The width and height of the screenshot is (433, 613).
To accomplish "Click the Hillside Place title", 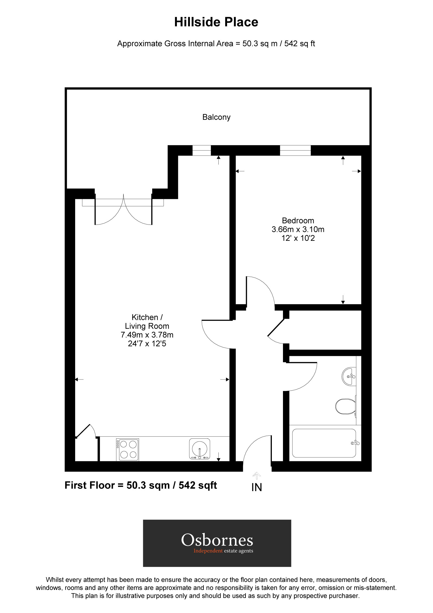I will [x=216, y=22].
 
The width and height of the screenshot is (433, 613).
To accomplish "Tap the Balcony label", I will [x=216, y=117].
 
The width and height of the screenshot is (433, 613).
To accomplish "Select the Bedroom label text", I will [x=298, y=220].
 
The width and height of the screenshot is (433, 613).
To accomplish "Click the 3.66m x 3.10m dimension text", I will [x=298, y=229].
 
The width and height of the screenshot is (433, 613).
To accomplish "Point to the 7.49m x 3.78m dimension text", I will [x=147, y=335].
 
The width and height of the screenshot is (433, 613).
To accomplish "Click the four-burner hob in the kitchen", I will [x=128, y=450].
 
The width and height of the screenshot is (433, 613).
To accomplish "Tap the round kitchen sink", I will [x=199, y=448].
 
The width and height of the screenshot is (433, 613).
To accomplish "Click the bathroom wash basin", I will [x=349, y=376].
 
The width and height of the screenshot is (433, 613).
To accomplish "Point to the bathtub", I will [x=324, y=443].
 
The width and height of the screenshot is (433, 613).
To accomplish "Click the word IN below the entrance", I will [x=256, y=488].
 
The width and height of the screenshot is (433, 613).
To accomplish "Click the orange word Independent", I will [x=208, y=551].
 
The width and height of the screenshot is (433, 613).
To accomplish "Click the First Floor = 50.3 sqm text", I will [x=141, y=485].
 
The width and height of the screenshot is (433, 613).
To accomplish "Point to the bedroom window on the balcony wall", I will [x=295, y=150].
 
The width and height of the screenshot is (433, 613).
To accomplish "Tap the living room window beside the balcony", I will [x=201, y=150].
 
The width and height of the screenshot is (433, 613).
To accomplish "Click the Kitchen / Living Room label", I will [x=147, y=321].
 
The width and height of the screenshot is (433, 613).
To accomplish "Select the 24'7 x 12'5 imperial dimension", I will [x=147, y=344].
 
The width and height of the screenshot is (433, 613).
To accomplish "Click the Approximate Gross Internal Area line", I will [x=216, y=43].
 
